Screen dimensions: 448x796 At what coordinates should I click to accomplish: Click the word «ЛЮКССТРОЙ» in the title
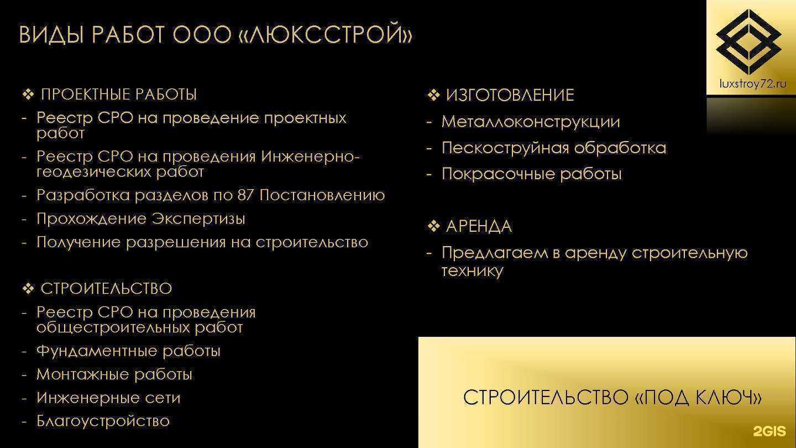[x=328, y=35]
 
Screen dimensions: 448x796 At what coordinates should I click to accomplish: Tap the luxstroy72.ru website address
[x=752, y=84]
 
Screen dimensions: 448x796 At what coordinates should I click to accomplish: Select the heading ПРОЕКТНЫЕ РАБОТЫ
[x=119, y=95]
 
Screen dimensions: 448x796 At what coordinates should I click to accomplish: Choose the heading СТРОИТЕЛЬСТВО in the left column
[x=106, y=289]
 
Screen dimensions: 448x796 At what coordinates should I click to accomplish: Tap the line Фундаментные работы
[x=128, y=351]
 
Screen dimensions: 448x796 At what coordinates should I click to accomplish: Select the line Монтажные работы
[x=114, y=374]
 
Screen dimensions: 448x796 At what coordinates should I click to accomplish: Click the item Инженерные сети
[x=108, y=398]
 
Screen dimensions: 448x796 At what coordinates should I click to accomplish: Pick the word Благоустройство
[x=103, y=421]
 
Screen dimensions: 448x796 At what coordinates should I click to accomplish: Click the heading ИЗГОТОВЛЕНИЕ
[x=510, y=95]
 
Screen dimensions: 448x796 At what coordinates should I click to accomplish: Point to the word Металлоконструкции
[x=531, y=122]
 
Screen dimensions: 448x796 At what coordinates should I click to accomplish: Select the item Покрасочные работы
[x=532, y=174]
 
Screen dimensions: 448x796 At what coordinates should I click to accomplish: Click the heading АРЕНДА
[x=479, y=227]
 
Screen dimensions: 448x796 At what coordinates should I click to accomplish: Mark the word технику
[x=472, y=271]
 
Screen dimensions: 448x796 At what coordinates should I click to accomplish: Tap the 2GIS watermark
[x=769, y=432]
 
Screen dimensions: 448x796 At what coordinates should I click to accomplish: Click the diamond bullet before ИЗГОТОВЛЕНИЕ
[x=433, y=95]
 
